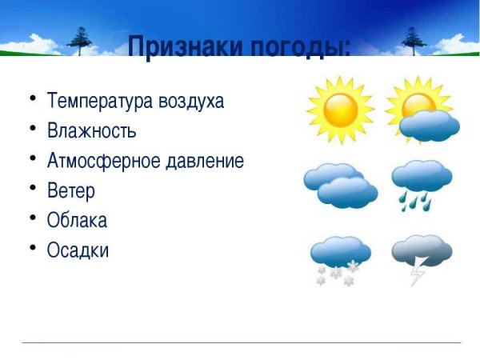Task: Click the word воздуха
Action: click(x=191, y=102)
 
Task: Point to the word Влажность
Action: click(x=92, y=130)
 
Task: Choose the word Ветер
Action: click(x=71, y=190)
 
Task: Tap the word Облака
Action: click(x=77, y=220)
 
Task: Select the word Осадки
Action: click(x=78, y=250)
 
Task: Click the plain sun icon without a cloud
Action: click(x=340, y=110)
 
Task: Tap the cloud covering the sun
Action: click(x=430, y=126)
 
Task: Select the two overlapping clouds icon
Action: click(x=340, y=186)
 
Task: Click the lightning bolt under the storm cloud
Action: click(x=418, y=273)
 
